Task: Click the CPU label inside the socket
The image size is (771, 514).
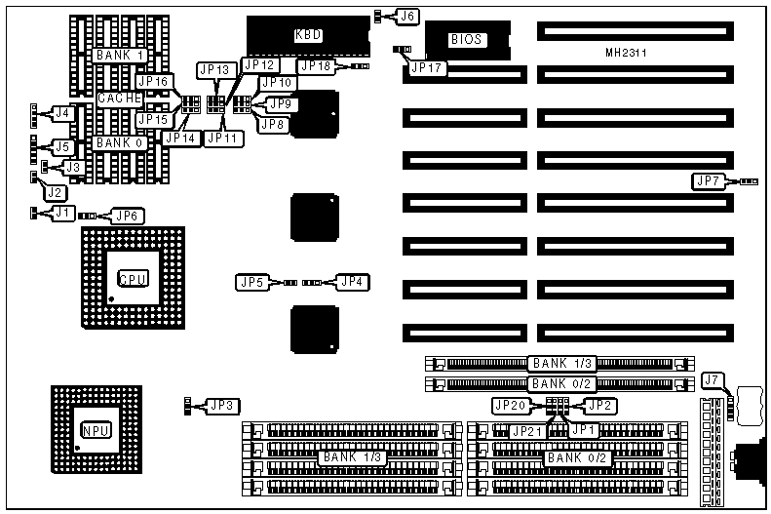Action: [133, 279]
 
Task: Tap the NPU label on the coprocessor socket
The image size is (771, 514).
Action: [95, 430]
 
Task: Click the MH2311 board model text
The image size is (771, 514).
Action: [625, 53]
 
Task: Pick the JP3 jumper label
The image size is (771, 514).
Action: [223, 405]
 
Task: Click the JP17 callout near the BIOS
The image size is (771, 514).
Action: [426, 68]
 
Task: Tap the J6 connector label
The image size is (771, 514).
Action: [408, 16]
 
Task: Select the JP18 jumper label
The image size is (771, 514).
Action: [316, 65]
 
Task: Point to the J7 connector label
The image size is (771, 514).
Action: [713, 379]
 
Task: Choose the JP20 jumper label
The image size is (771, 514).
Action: [510, 405]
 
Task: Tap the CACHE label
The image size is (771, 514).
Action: [119, 99]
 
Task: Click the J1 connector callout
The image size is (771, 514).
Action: [61, 212]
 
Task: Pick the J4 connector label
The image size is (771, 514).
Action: [61, 113]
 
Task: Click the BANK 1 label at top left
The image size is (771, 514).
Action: [121, 56]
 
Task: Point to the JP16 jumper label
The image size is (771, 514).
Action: [155, 82]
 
